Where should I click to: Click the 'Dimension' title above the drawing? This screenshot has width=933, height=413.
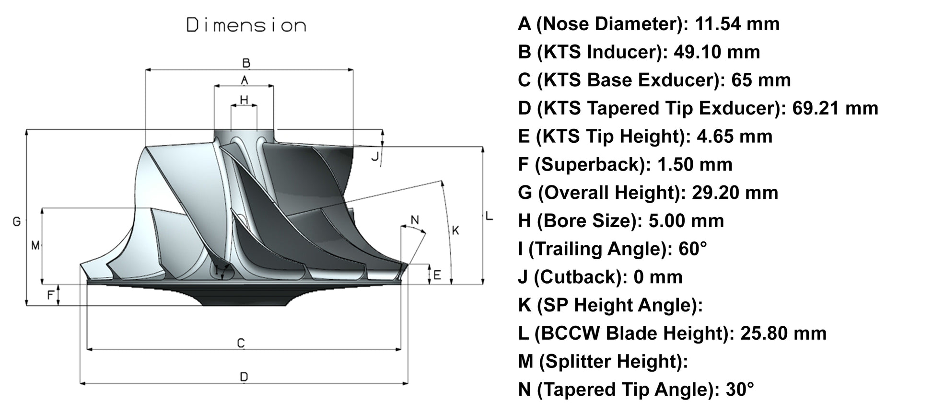pyautogui.click(x=246, y=25)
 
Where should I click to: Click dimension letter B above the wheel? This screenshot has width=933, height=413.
pyautogui.click(x=246, y=63)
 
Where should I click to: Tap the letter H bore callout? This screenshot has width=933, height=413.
pyautogui.click(x=244, y=100)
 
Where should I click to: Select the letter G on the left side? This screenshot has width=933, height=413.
pyautogui.click(x=17, y=222)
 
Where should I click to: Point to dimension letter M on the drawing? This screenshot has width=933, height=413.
pyautogui.click(x=35, y=246)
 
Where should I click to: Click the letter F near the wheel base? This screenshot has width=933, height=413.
pyautogui.click(x=50, y=295)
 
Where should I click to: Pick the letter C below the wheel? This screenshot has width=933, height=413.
pyautogui.click(x=241, y=344)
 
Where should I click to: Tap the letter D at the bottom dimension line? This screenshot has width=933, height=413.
pyautogui.click(x=244, y=378)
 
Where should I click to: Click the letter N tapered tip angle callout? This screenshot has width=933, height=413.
pyautogui.click(x=415, y=220)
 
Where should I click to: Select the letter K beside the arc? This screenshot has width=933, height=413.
pyautogui.click(x=455, y=230)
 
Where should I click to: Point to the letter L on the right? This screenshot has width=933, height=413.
pyautogui.click(x=489, y=216)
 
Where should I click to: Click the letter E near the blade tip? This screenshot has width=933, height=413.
pyautogui.click(x=437, y=275)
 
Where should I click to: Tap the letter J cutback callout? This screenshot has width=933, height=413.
pyautogui.click(x=375, y=156)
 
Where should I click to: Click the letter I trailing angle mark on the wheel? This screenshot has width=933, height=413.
pyautogui.click(x=217, y=271)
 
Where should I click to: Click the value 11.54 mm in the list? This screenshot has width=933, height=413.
pyautogui.click(x=737, y=23)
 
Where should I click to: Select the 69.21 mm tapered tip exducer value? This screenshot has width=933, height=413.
pyautogui.click(x=835, y=108)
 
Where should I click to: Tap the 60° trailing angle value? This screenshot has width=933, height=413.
pyautogui.click(x=692, y=249)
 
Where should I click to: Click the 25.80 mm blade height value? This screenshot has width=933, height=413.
pyautogui.click(x=783, y=333)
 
